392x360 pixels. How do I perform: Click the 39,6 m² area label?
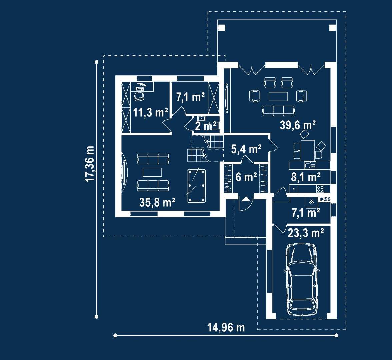pos(297,125)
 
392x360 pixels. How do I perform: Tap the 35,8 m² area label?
pos(157,202)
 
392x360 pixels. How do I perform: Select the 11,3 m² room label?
pos(150,113)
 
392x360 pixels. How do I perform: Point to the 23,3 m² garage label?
pos(306,233)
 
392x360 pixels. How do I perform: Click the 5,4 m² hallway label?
pos(246,149)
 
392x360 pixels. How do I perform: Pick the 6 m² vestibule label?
pos(246,177)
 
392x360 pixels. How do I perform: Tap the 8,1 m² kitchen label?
pos(305,177)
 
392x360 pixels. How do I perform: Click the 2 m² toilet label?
pos(205,126)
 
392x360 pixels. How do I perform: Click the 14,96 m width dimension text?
pos(226,327)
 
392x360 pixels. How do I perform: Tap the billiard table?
pos(196,186)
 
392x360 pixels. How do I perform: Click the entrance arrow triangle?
pos(246,199)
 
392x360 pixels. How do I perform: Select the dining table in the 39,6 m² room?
pos(307,150)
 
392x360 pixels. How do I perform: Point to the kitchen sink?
pos(310,165)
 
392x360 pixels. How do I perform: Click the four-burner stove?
pos(320,189)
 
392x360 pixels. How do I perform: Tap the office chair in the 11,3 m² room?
pos(139,96)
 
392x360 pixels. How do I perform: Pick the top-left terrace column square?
pos(222,27)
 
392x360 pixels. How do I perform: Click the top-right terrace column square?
pos(333,27)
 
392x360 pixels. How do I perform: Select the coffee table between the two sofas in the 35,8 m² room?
pos(152,172)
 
